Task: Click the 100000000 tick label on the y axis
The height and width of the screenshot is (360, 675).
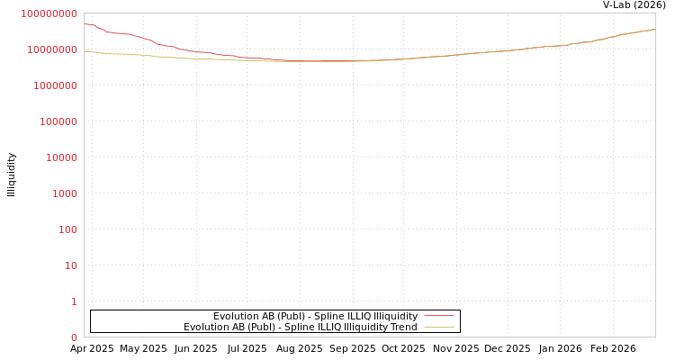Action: (49, 13)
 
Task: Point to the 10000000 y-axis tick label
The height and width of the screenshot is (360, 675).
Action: (53, 49)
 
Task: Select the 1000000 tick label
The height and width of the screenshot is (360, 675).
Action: (56, 85)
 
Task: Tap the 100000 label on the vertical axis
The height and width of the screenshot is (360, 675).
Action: (58, 121)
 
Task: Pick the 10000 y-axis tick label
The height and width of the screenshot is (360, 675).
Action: (61, 157)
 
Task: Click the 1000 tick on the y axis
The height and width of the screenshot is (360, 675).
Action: (64, 193)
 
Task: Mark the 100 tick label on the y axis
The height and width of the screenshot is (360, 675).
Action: (67, 229)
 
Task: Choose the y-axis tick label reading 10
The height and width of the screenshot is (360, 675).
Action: (70, 265)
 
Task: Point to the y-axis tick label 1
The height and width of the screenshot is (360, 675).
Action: (74, 301)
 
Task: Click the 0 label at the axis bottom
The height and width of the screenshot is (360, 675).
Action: (74, 337)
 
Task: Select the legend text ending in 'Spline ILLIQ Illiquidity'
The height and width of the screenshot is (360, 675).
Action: (315, 316)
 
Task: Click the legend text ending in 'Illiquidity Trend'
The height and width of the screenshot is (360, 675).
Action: (301, 327)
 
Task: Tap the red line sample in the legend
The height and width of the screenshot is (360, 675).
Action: (438, 316)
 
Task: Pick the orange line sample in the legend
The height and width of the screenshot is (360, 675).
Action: (438, 327)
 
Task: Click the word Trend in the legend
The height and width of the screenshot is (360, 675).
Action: (403, 327)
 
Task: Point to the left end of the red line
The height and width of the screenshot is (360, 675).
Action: (85, 24)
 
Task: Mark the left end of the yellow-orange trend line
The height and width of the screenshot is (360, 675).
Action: (85, 51)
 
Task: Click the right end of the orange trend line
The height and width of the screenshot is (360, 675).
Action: (654, 29)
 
